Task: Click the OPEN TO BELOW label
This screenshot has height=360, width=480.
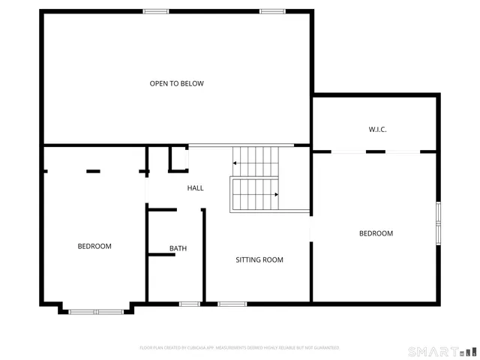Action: (176, 83)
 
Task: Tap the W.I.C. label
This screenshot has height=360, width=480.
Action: (377, 130)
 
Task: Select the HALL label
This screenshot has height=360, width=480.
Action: (195, 188)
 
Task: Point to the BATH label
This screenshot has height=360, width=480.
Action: (178, 248)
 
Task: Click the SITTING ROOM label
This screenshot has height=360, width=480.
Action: (259, 260)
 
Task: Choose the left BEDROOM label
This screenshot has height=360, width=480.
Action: (94, 247)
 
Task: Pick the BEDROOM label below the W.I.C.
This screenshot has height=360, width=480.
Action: (376, 233)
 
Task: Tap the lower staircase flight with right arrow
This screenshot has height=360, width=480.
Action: (255, 195)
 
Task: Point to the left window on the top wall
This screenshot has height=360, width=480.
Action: (156, 10)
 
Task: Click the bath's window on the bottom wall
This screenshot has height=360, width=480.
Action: (190, 304)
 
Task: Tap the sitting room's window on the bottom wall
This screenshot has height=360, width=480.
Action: (232, 304)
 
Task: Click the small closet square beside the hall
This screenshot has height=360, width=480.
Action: (178, 159)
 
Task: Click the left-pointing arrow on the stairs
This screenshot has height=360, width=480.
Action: (236, 162)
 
